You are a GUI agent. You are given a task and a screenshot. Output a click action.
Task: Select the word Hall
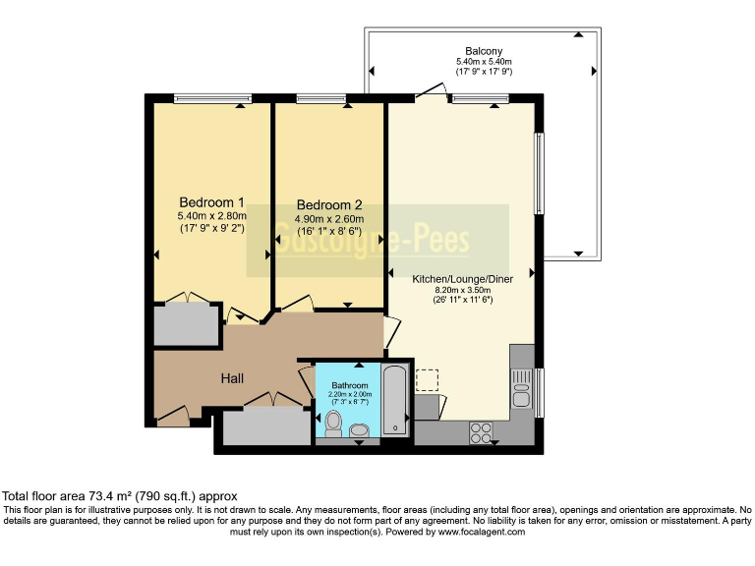232,378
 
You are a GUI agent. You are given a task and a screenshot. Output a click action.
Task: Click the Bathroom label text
349,385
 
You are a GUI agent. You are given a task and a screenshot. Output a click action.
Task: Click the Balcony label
484,50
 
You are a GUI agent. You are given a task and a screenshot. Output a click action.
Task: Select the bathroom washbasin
359,430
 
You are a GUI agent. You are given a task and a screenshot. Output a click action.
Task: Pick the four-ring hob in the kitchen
482,430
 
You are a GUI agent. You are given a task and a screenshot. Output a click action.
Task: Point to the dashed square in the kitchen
427,380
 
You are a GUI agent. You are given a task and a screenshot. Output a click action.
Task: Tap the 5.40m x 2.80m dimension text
211,216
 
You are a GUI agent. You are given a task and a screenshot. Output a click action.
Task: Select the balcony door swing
430,91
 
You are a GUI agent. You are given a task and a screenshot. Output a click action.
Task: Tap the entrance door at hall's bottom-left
172,417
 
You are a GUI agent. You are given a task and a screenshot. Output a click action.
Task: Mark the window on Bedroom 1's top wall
202,97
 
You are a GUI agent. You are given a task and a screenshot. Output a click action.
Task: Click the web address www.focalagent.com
481,532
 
